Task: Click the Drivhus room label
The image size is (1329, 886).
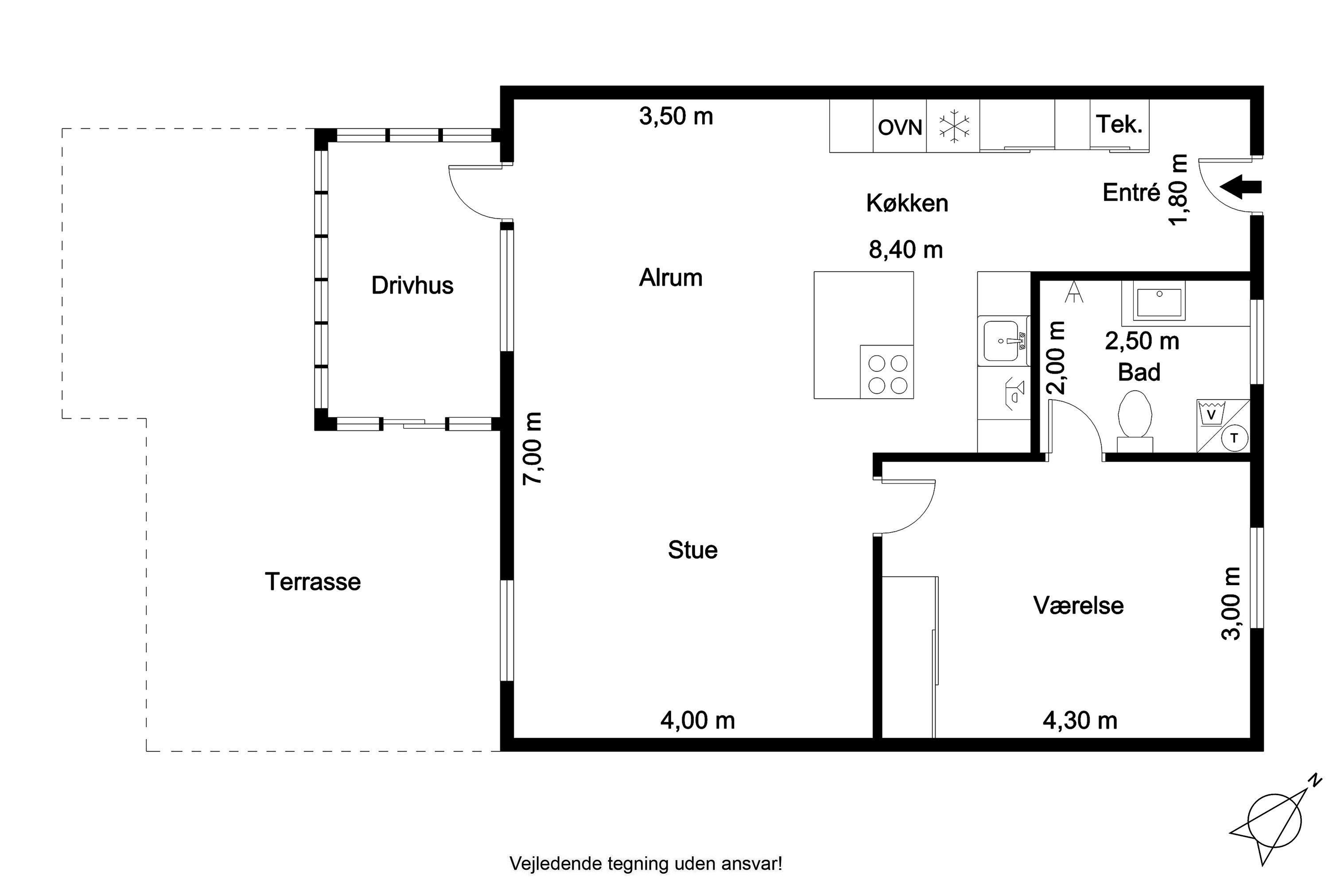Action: click(412, 285)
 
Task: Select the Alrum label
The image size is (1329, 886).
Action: click(671, 277)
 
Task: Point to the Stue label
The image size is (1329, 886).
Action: click(693, 550)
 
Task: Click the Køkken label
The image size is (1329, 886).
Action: click(907, 203)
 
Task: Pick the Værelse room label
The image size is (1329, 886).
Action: click(1079, 605)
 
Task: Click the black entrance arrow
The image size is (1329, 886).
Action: click(1240, 187)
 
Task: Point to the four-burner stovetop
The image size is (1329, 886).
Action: click(886, 372)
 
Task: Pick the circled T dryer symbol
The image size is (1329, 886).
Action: click(1234, 438)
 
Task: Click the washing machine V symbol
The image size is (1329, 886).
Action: click(1210, 414)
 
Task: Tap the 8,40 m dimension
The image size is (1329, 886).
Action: click(906, 250)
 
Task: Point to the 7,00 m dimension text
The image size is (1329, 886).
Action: click(532, 448)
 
